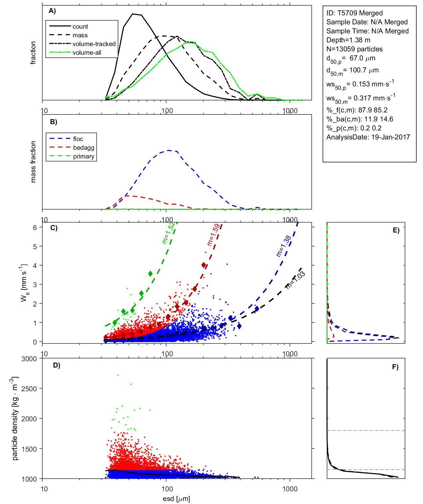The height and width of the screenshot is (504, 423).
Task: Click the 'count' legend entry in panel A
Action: coord(80,27)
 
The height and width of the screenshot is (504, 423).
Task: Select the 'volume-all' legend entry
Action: coord(87,53)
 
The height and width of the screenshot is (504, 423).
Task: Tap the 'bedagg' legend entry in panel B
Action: coord(84,148)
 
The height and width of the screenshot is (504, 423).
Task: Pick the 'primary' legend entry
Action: coord(84,156)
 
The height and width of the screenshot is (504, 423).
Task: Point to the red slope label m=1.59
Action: coord(213,235)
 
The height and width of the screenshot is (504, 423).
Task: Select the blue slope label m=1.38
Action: coord(283,246)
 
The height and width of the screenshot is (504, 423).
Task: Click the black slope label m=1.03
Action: coord(295,280)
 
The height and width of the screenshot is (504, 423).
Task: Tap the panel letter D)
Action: coord(57,365)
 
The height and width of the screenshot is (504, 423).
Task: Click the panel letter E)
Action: coord(396,230)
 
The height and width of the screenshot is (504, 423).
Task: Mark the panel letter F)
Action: coord(395,367)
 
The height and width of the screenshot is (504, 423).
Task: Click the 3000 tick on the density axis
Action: coord(29,359)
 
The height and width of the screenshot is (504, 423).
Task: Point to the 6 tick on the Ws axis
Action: coord(35,227)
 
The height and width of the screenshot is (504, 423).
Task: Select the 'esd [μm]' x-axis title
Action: coord(176,499)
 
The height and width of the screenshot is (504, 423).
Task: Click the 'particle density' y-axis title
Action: coord(15,419)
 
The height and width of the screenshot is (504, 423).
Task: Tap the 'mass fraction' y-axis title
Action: coord(33,162)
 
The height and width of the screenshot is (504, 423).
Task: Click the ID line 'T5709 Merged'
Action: coord(354,13)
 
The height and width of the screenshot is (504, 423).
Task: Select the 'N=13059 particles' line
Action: coord(354,49)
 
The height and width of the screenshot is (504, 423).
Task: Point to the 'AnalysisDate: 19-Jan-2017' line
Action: coord(368,137)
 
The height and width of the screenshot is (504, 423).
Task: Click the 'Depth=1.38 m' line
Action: coord(348,40)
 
